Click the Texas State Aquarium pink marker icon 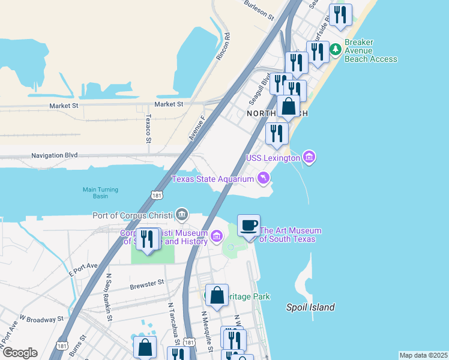click(x=263, y=178)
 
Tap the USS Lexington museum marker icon click(x=309, y=158)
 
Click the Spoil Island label click(x=310, y=307)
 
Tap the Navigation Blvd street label click(x=55, y=155)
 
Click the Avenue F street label click(x=197, y=128)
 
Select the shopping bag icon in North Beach click(x=289, y=107)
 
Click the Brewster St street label click(x=147, y=282)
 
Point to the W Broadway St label click(x=41, y=318)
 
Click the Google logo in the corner click(x=20, y=353)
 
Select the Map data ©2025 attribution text click(x=423, y=355)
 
